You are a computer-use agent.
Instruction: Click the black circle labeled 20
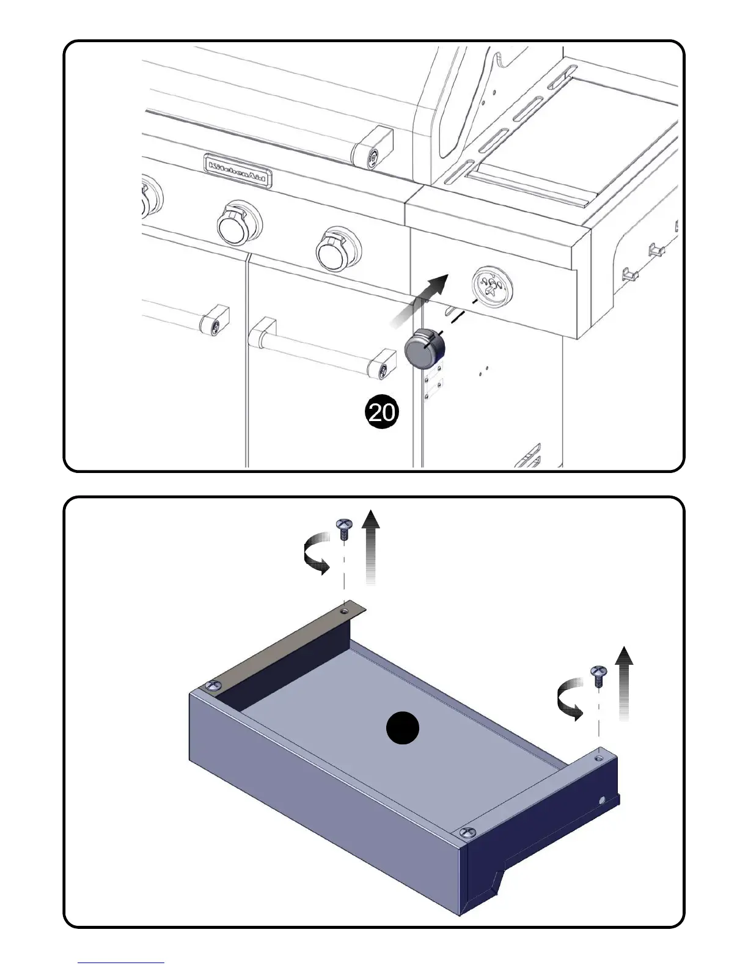381,413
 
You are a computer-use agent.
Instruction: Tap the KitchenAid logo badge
238,170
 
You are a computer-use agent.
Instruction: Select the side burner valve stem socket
493,286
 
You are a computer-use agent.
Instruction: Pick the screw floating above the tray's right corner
598,676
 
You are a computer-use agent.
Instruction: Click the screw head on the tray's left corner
213,685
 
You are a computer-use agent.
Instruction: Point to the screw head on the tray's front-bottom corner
467,832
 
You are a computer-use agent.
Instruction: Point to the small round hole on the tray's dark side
603,800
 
